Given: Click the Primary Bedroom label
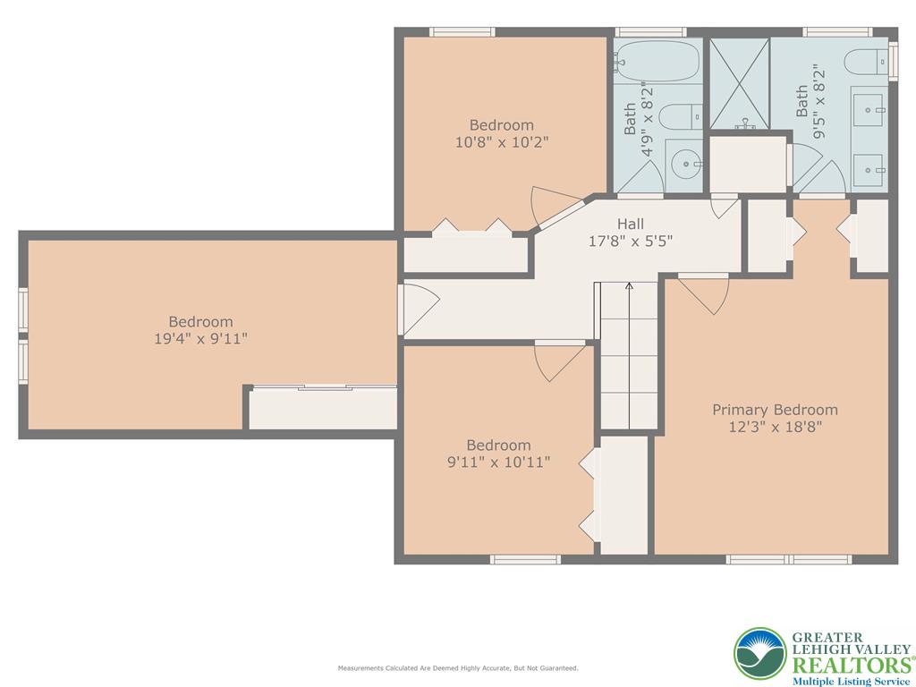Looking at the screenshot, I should point(775,410).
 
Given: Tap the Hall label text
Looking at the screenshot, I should point(630,224).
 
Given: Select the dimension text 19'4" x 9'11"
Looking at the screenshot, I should point(200,338).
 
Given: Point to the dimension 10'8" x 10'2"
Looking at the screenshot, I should point(502,141).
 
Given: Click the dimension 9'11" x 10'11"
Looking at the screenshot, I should point(498,462).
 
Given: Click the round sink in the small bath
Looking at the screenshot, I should point(686,164).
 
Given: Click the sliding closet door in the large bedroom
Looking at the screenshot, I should point(324,386).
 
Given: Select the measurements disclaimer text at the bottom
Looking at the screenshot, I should point(457,668).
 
